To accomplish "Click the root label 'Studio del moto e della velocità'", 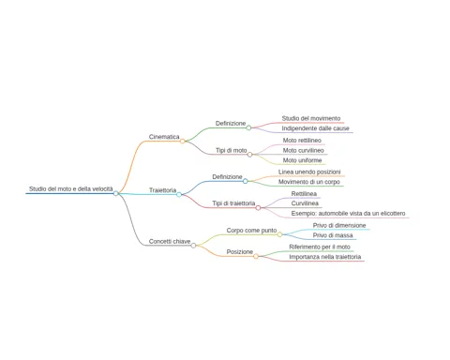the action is click(71, 188).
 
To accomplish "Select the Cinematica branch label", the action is click(164, 137).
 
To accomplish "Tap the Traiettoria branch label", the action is click(162, 190).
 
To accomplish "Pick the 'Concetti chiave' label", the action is click(170, 241).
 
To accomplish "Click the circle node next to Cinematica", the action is click(183, 142).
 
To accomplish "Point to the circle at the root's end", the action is click(116, 193).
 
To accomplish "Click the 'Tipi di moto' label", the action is click(232, 150).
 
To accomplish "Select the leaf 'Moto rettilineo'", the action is click(302, 141).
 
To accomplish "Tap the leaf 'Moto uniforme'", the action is click(302, 160).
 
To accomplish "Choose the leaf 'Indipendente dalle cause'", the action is click(315, 128).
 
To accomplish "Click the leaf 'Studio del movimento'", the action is click(311, 118).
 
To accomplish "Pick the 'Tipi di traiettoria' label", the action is click(233, 203).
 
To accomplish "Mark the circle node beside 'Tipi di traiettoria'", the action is click(258, 208).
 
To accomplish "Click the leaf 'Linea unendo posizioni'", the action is click(309, 172).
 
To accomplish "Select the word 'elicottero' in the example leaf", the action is click(392, 214).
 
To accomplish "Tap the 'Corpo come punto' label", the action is click(251, 231).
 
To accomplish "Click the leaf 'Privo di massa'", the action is click(333, 235).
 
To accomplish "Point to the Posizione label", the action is click(240, 252).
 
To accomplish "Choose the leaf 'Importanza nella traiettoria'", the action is click(325, 257).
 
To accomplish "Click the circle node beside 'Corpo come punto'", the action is click(279, 234).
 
